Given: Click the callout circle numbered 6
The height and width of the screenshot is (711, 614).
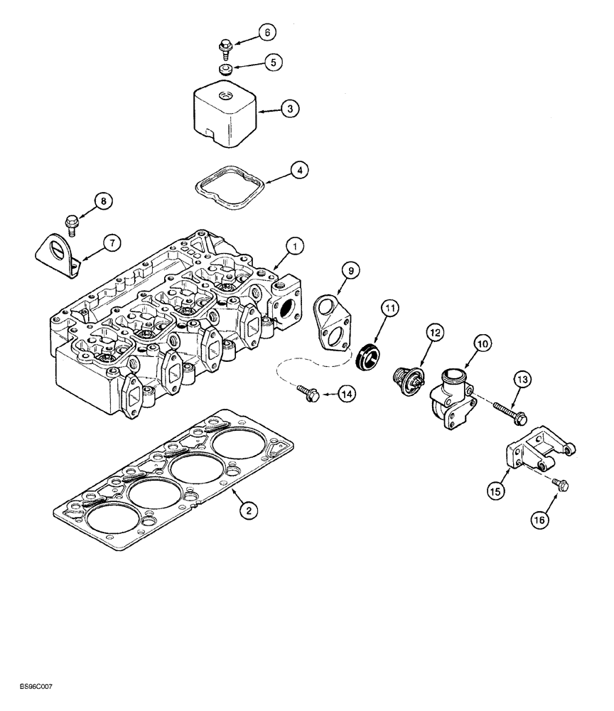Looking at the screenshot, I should click(267, 32).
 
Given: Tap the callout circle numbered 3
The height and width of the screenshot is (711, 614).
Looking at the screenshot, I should click(289, 109).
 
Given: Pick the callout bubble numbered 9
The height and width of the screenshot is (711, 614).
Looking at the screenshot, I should click(350, 270).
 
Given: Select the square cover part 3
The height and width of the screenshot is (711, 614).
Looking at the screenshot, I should click(225, 117).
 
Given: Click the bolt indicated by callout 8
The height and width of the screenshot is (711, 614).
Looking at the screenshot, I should click(71, 223).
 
